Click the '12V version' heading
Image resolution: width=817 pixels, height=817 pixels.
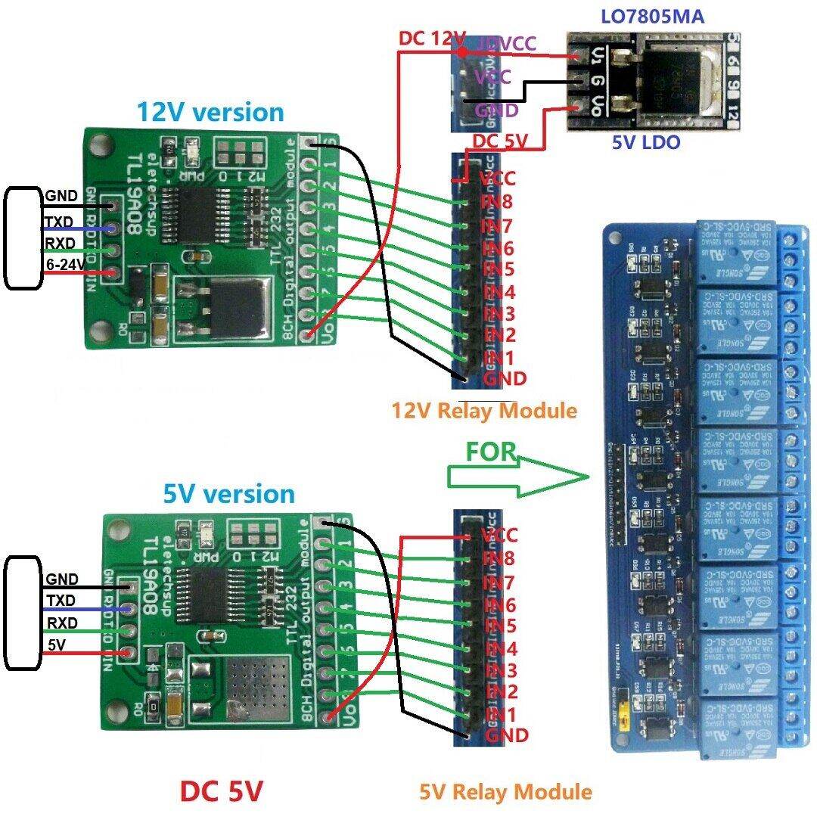[210, 112]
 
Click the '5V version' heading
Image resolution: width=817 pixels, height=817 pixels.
[228, 494]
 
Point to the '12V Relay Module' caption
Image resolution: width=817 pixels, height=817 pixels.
[484, 411]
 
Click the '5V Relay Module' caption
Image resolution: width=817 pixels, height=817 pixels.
[505, 791]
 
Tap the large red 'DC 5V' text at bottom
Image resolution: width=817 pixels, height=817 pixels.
[221, 791]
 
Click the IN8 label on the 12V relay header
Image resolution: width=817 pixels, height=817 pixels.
[497, 202]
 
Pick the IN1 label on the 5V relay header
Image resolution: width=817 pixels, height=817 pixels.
[499, 714]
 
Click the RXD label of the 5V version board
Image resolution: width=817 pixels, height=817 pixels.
[61, 623]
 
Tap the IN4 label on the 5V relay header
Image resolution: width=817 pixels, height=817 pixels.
[499, 649]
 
